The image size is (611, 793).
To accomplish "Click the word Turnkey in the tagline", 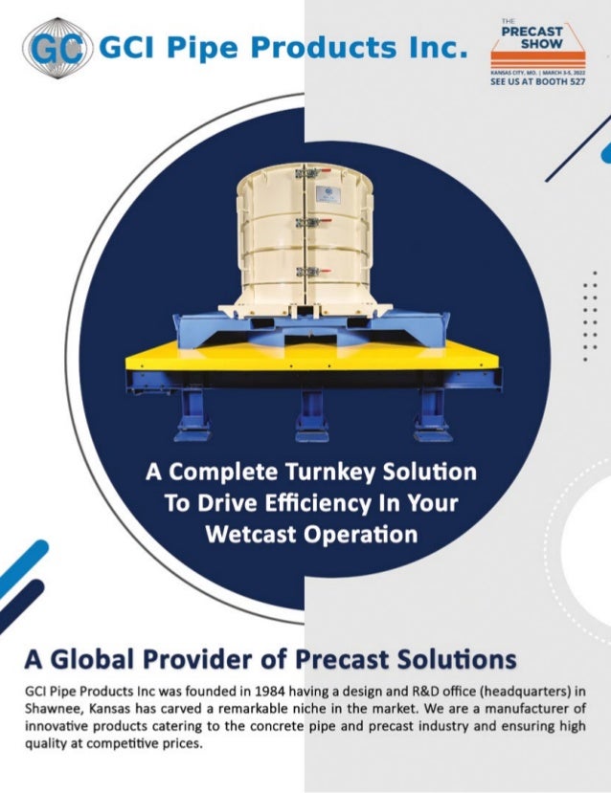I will (x=310, y=474).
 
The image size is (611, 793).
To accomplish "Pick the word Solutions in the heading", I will (x=459, y=659).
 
